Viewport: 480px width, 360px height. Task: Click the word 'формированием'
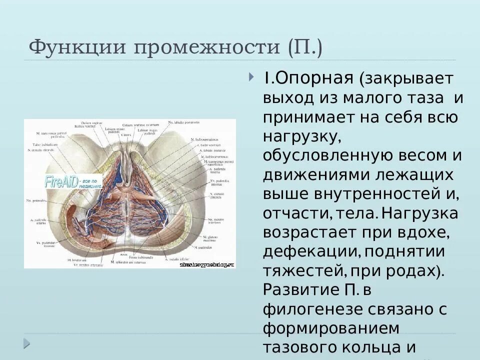click(331, 329)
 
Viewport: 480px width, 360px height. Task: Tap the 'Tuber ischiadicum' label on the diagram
click(45, 144)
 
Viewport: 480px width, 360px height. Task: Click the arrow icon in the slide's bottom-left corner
click(26, 344)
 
